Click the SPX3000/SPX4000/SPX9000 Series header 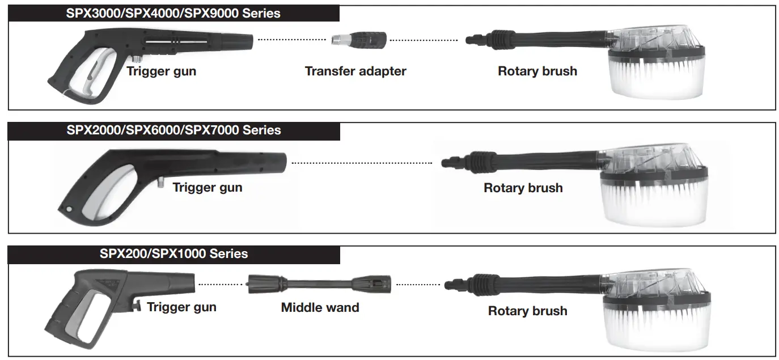click(173, 12)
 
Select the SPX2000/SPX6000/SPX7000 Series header click(173, 130)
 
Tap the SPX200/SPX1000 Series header click(173, 253)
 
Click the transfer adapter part click(359, 40)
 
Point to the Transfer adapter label click(355, 71)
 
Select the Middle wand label click(320, 308)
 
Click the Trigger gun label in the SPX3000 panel click(161, 71)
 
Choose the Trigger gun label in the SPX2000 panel click(207, 188)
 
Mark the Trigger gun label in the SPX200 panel click(181, 307)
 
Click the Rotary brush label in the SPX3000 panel click(537, 71)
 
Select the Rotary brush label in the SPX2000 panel click(523, 188)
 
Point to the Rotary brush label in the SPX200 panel click(527, 311)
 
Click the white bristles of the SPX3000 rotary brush click(658, 79)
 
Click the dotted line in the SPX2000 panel click(362, 163)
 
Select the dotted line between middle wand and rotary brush click(418, 285)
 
